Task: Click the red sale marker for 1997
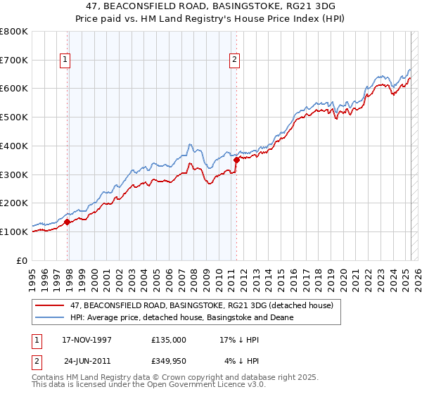coord(68,222)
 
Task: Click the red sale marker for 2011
coord(236,160)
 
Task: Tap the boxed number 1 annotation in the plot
coord(65,61)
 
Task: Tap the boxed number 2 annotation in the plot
coord(234,61)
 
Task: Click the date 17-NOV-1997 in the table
coord(87,339)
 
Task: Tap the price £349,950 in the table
coord(170,362)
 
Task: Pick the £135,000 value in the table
coord(170,339)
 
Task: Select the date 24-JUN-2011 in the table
coord(88,362)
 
